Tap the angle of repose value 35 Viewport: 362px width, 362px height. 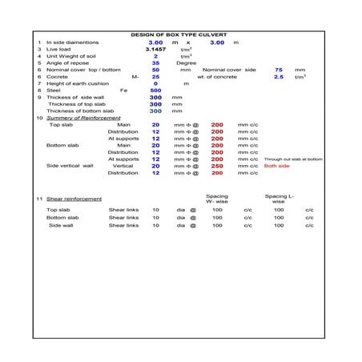click(x=155, y=63)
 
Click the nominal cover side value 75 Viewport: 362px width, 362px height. click(x=279, y=70)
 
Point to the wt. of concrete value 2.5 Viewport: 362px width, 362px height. click(x=279, y=77)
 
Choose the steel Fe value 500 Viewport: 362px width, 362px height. click(x=155, y=90)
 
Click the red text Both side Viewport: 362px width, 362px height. click(x=277, y=166)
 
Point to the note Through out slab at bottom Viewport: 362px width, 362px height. click(x=293, y=159)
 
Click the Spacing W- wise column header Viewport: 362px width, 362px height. click(x=217, y=198)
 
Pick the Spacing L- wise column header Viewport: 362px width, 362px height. click(x=279, y=198)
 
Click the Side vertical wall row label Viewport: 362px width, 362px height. click(x=70, y=166)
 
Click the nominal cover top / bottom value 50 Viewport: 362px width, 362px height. click(x=155, y=70)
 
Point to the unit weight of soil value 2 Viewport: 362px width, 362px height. click(x=155, y=56)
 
